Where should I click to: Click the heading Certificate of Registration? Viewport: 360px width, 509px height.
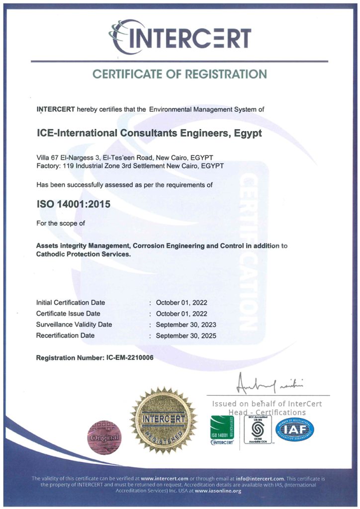click(x=180, y=74)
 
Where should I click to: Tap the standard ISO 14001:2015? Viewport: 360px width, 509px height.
click(x=74, y=204)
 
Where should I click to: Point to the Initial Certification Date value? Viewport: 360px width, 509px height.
click(x=181, y=303)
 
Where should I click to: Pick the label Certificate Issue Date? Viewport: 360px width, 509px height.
click(x=68, y=314)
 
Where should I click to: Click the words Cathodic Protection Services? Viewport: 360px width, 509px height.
click(x=84, y=254)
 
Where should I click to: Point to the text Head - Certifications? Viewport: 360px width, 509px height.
click(x=267, y=413)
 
